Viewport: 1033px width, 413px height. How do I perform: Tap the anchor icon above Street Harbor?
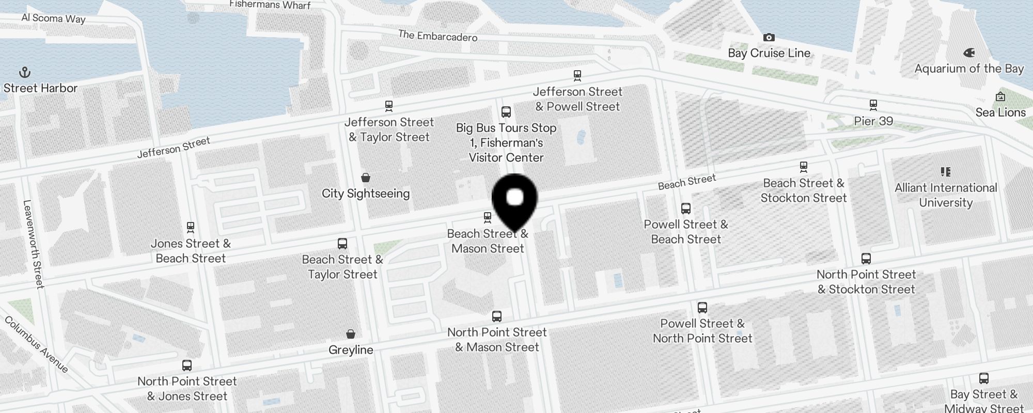coord(25,72)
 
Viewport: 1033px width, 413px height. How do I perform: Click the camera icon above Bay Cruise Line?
coord(769,37)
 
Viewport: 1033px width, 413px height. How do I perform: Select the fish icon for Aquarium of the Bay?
coord(969,53)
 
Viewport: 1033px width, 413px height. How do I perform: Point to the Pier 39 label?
coord(873,121)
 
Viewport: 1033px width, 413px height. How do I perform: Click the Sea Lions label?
coord(1000,113)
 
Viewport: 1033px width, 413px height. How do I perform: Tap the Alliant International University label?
coord(946,195)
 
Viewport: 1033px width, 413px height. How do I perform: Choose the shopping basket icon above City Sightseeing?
coord(366,178)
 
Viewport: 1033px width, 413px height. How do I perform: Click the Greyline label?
coord(351,350)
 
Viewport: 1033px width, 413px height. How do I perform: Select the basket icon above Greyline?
coord(351,334)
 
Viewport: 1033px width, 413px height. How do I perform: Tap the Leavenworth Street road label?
coord(34,244)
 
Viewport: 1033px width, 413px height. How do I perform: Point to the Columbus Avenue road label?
coord(36,344)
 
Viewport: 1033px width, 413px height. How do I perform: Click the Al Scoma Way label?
coord(53,18)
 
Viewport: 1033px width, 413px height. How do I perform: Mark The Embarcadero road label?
coord(437,36)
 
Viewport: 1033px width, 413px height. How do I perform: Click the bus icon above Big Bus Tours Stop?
coord(506,112)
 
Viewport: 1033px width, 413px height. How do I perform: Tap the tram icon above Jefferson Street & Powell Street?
coord(577,76)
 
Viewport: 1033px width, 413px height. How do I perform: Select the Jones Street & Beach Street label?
coord(191,251)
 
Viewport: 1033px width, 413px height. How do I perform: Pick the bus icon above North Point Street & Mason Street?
coord(497,316)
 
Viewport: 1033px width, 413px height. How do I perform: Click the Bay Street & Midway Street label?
coord(983,401)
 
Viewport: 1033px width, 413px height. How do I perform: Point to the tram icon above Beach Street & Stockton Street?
coord(803,167)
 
